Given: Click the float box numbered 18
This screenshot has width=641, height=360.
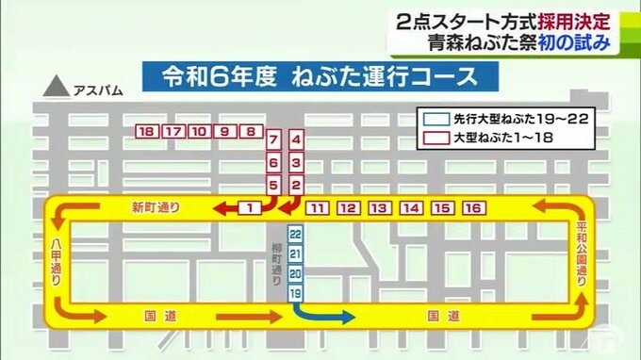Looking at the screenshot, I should tap(146, 133).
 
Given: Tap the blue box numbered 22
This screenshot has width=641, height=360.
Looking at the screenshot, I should tap(295, 233).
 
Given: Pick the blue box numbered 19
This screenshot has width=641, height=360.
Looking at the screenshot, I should tap(295, 294).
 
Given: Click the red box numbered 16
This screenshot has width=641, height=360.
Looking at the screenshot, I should tap(473, 207).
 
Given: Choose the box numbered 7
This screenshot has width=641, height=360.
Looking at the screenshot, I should tap(272, 140).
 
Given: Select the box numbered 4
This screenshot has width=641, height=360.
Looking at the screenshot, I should tap(296, 140).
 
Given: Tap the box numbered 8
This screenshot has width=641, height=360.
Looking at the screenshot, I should tap(251, 133).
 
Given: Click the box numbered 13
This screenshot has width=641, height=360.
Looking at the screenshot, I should tap(379, 207).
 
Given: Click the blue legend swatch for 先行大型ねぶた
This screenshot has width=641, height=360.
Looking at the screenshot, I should tap(434, 120).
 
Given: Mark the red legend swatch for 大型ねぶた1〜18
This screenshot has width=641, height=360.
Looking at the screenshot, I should tap(434, 138).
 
